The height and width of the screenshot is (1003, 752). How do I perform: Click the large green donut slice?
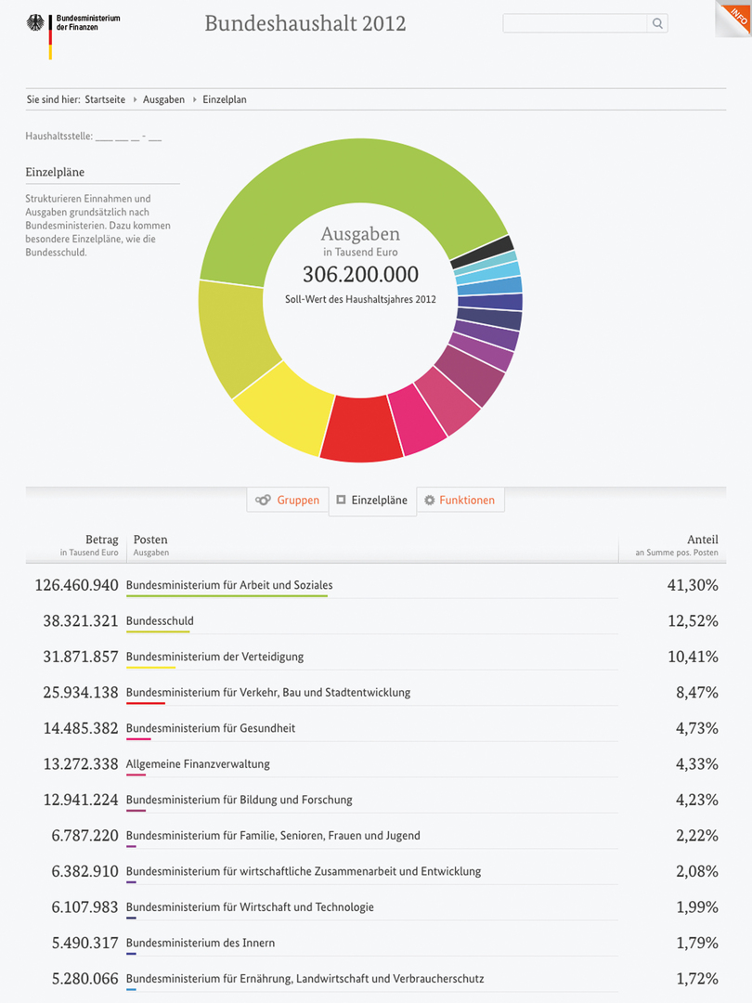coord(353,186)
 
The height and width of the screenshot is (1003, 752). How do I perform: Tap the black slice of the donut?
coord(482,252)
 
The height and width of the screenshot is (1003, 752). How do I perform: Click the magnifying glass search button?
coord(657,24)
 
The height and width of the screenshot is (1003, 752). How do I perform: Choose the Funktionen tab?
coord(460,500)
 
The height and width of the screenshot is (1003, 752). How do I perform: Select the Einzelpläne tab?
coord(372,500)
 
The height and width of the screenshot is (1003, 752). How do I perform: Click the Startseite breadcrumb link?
coord(105,99)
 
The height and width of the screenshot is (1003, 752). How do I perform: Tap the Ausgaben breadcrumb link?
coord(163,99)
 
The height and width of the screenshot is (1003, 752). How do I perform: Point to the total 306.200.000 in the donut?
coord(360,274)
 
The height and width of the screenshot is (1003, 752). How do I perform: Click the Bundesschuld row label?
coord(160,621)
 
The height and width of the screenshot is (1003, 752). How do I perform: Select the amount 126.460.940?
coord(76,585)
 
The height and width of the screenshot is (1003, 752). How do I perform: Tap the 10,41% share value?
coord(693,657)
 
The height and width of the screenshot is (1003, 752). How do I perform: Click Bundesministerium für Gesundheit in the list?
coord(211,728)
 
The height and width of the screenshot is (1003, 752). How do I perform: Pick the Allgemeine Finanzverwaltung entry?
coord(198,764)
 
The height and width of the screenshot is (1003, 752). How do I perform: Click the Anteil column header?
coord(702,540)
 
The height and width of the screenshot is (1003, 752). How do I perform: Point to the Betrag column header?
coord(102,540)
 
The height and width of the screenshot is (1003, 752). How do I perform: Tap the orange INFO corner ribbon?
coord(736,16)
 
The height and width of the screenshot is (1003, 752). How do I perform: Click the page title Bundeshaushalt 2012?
coord(305,23)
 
